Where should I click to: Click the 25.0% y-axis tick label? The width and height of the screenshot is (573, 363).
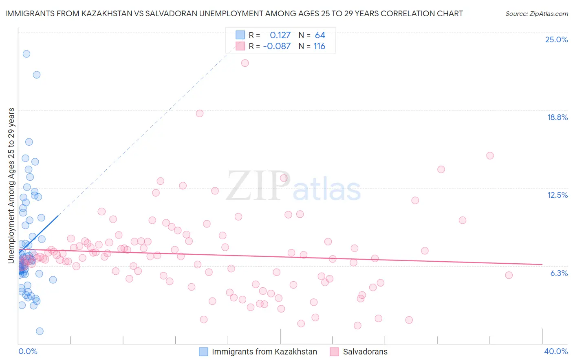(x=556, y=40)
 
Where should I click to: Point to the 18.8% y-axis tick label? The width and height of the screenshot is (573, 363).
(x=557, y=118)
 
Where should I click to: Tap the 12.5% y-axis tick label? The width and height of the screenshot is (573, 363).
(x=557, y=195)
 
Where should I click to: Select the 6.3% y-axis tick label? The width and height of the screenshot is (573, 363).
(x=559, y=273)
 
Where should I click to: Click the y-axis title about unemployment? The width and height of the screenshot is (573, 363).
(x=11, y=186)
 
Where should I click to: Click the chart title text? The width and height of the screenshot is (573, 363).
(x=234, y=14)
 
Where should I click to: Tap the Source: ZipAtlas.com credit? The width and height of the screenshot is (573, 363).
(x=536, y=14)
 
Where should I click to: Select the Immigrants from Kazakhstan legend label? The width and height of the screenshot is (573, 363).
(x=264, y=352)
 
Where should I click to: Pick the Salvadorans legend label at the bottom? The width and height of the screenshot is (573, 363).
(x=365, y=352)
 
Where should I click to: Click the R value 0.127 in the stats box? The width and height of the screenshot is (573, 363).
(x=280, y=35)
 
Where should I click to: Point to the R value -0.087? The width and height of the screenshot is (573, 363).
(x=277, y=46)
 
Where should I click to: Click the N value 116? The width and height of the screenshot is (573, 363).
(x=319, y=46)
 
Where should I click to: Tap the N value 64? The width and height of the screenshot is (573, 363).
(x=320, y=35)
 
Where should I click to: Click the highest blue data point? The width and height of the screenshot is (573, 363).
(x=26, y=54)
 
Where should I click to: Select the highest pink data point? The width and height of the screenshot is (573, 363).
(x=245, y=63)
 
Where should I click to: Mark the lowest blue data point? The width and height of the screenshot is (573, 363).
(x=40, y=331)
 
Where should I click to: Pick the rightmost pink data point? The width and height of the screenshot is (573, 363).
(x=509, y=275)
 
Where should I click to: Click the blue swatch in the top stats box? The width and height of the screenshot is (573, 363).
(x=240, y=35)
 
